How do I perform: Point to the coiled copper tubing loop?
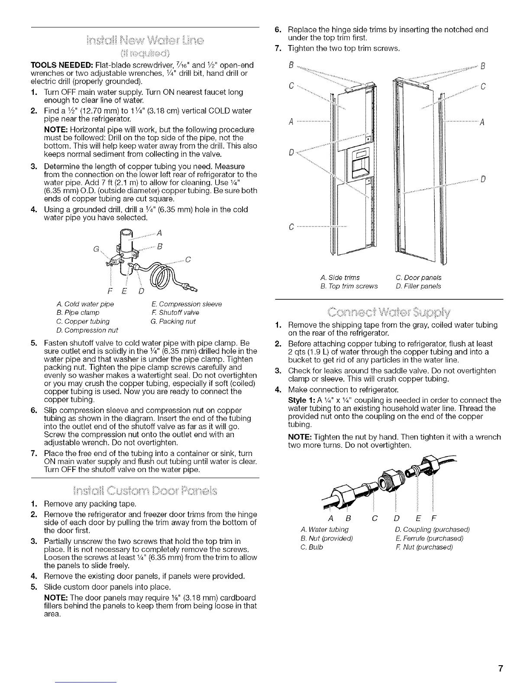coord(160,277)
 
